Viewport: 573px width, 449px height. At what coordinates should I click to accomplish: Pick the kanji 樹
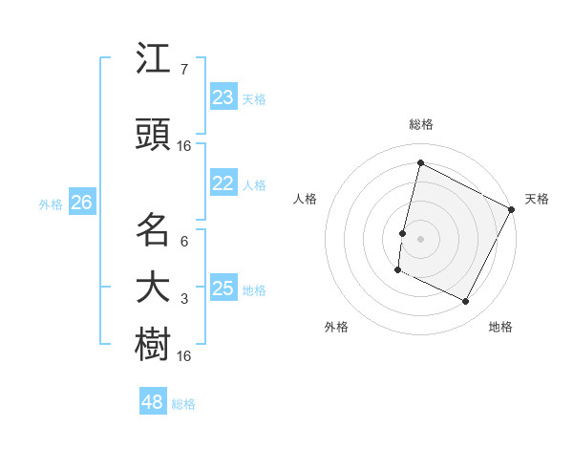154,344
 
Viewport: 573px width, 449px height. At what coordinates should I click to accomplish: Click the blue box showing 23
223,97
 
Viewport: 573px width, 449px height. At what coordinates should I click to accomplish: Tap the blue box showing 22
223,184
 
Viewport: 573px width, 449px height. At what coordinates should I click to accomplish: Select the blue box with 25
223,289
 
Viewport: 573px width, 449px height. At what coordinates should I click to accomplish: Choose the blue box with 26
82,203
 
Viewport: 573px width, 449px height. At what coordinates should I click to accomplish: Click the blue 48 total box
153,402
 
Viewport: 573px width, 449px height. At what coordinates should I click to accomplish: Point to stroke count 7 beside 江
184,70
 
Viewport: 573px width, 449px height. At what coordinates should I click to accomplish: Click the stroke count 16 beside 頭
184,146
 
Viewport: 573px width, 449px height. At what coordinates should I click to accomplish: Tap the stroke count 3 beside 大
184,299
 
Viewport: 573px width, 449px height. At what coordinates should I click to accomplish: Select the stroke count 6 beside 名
184,241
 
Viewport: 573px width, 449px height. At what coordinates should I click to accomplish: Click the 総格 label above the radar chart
420,124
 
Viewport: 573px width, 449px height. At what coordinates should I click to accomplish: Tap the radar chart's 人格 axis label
306,199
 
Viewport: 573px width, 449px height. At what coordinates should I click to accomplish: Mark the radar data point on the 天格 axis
513,209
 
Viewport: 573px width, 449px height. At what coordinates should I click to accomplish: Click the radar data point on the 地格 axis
466,302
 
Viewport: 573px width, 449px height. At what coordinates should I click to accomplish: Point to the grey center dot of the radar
420,238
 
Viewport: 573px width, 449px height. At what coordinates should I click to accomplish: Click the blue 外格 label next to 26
51,203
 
